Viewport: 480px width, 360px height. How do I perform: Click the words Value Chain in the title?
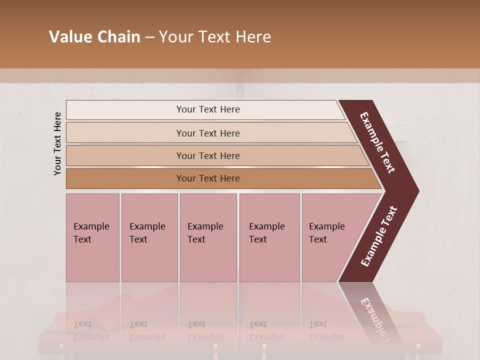click(94, 37)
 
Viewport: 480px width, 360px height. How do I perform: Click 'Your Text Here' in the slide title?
click(215, 37)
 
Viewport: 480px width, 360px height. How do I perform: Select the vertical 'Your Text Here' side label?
click(57, 143)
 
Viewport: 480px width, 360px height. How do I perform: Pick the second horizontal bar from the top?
click(207, 133)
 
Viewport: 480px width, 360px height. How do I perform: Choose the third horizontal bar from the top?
click(207, 155)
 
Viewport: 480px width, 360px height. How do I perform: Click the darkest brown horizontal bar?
click(207, 178)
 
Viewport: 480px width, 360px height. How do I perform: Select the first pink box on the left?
click(92, 237)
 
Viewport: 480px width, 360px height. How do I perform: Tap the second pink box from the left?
click(149, 237)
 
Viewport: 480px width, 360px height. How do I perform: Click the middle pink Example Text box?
click(208, 237)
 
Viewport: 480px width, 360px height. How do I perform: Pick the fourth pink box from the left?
click(269, 237)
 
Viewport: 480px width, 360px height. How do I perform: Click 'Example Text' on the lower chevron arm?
click(379, 236)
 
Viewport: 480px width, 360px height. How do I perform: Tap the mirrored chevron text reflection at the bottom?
click(376, 320)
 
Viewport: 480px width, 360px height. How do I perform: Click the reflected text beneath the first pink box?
click(91, 330)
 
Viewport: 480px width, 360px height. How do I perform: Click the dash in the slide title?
click(149, 37)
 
